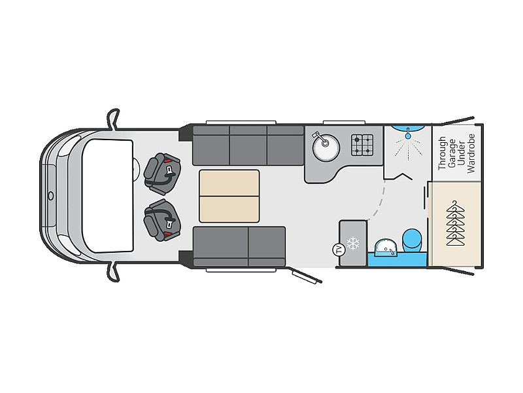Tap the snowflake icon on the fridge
(353, 243)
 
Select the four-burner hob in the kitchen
(362, 145)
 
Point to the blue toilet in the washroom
(412, 240)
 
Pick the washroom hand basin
(386, 248)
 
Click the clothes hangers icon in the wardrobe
(455, 223)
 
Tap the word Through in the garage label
(442, 153)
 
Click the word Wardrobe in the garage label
(471, 153)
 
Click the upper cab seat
(162, 173)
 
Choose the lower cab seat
(162, 219)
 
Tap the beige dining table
(229, 196)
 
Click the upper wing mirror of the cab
(113, 119)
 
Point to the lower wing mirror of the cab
(113, 271)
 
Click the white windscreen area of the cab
(107, 196)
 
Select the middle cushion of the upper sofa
(248, 145)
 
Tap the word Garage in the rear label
(451, 153)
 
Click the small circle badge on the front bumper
(51, 196)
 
